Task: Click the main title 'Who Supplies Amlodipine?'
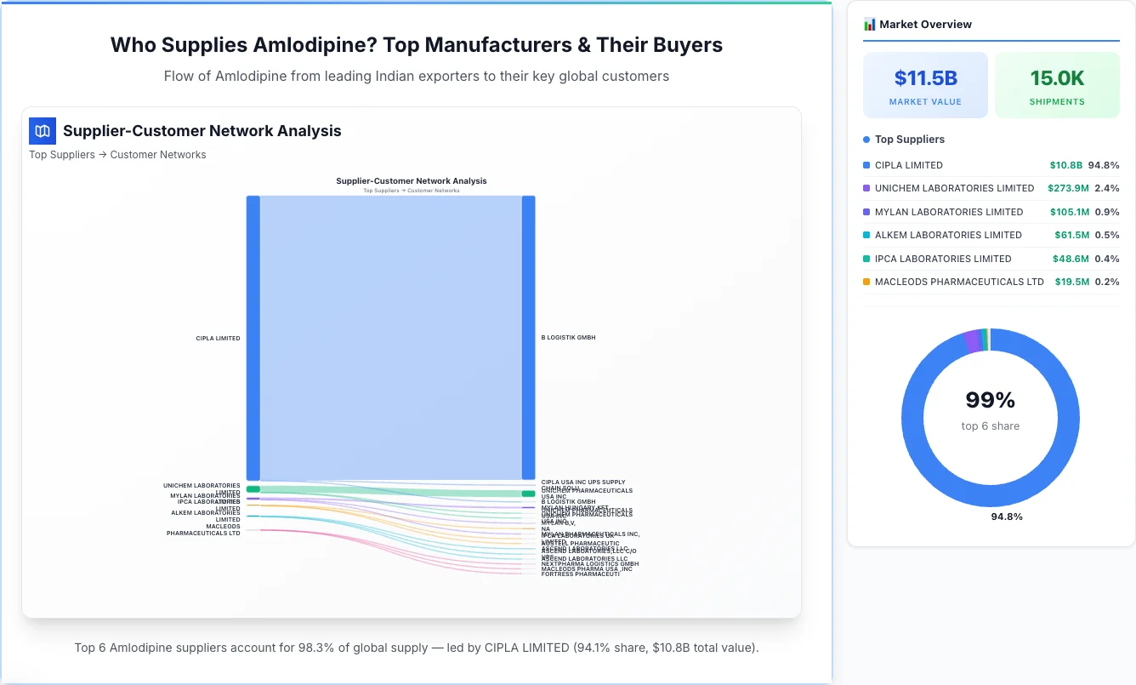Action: [x=417, y=45]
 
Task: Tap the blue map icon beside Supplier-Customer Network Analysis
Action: [x=43, y=131]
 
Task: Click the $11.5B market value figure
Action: [x=925, y=78]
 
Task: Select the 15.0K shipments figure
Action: [x=1057, y=78]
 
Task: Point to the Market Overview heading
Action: [x=925, y=25]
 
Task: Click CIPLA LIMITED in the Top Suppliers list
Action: [x=908, y=165]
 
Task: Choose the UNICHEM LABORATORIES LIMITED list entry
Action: [x=954, y=188]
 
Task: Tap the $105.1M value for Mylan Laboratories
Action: [x=1069, y=212]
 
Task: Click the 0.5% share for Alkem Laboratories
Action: [x=1107, y=235]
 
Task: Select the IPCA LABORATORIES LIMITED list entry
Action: [x=942, y=259]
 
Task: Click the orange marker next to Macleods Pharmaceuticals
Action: [x=866, y=282]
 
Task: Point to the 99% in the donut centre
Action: [x=991, y=400]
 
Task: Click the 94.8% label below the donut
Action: [x=1007, y=517]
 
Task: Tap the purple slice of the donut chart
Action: [x=972, y=341]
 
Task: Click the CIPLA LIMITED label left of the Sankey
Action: [x=218, y=339]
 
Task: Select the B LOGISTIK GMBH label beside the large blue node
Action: [x=568, y=338]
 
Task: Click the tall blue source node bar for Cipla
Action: [x=253, y=338]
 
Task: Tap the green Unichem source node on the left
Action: [x=253, y=489]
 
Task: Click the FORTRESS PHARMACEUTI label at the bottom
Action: [x=580, y=574]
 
